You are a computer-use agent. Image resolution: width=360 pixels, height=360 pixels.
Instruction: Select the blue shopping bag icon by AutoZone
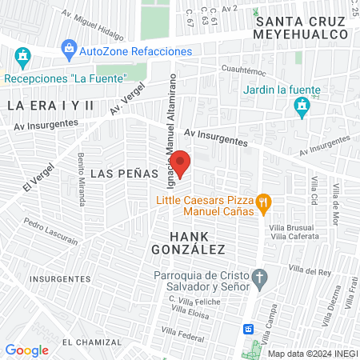70,50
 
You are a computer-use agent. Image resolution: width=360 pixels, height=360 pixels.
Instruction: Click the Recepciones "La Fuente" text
66,78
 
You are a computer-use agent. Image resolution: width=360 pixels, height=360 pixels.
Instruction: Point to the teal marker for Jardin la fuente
301,106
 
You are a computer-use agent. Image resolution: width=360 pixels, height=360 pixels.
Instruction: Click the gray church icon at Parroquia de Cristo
259,279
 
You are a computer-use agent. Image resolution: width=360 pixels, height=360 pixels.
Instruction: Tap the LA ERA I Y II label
51,106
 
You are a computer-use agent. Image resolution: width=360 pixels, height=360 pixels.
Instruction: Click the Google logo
26,350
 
